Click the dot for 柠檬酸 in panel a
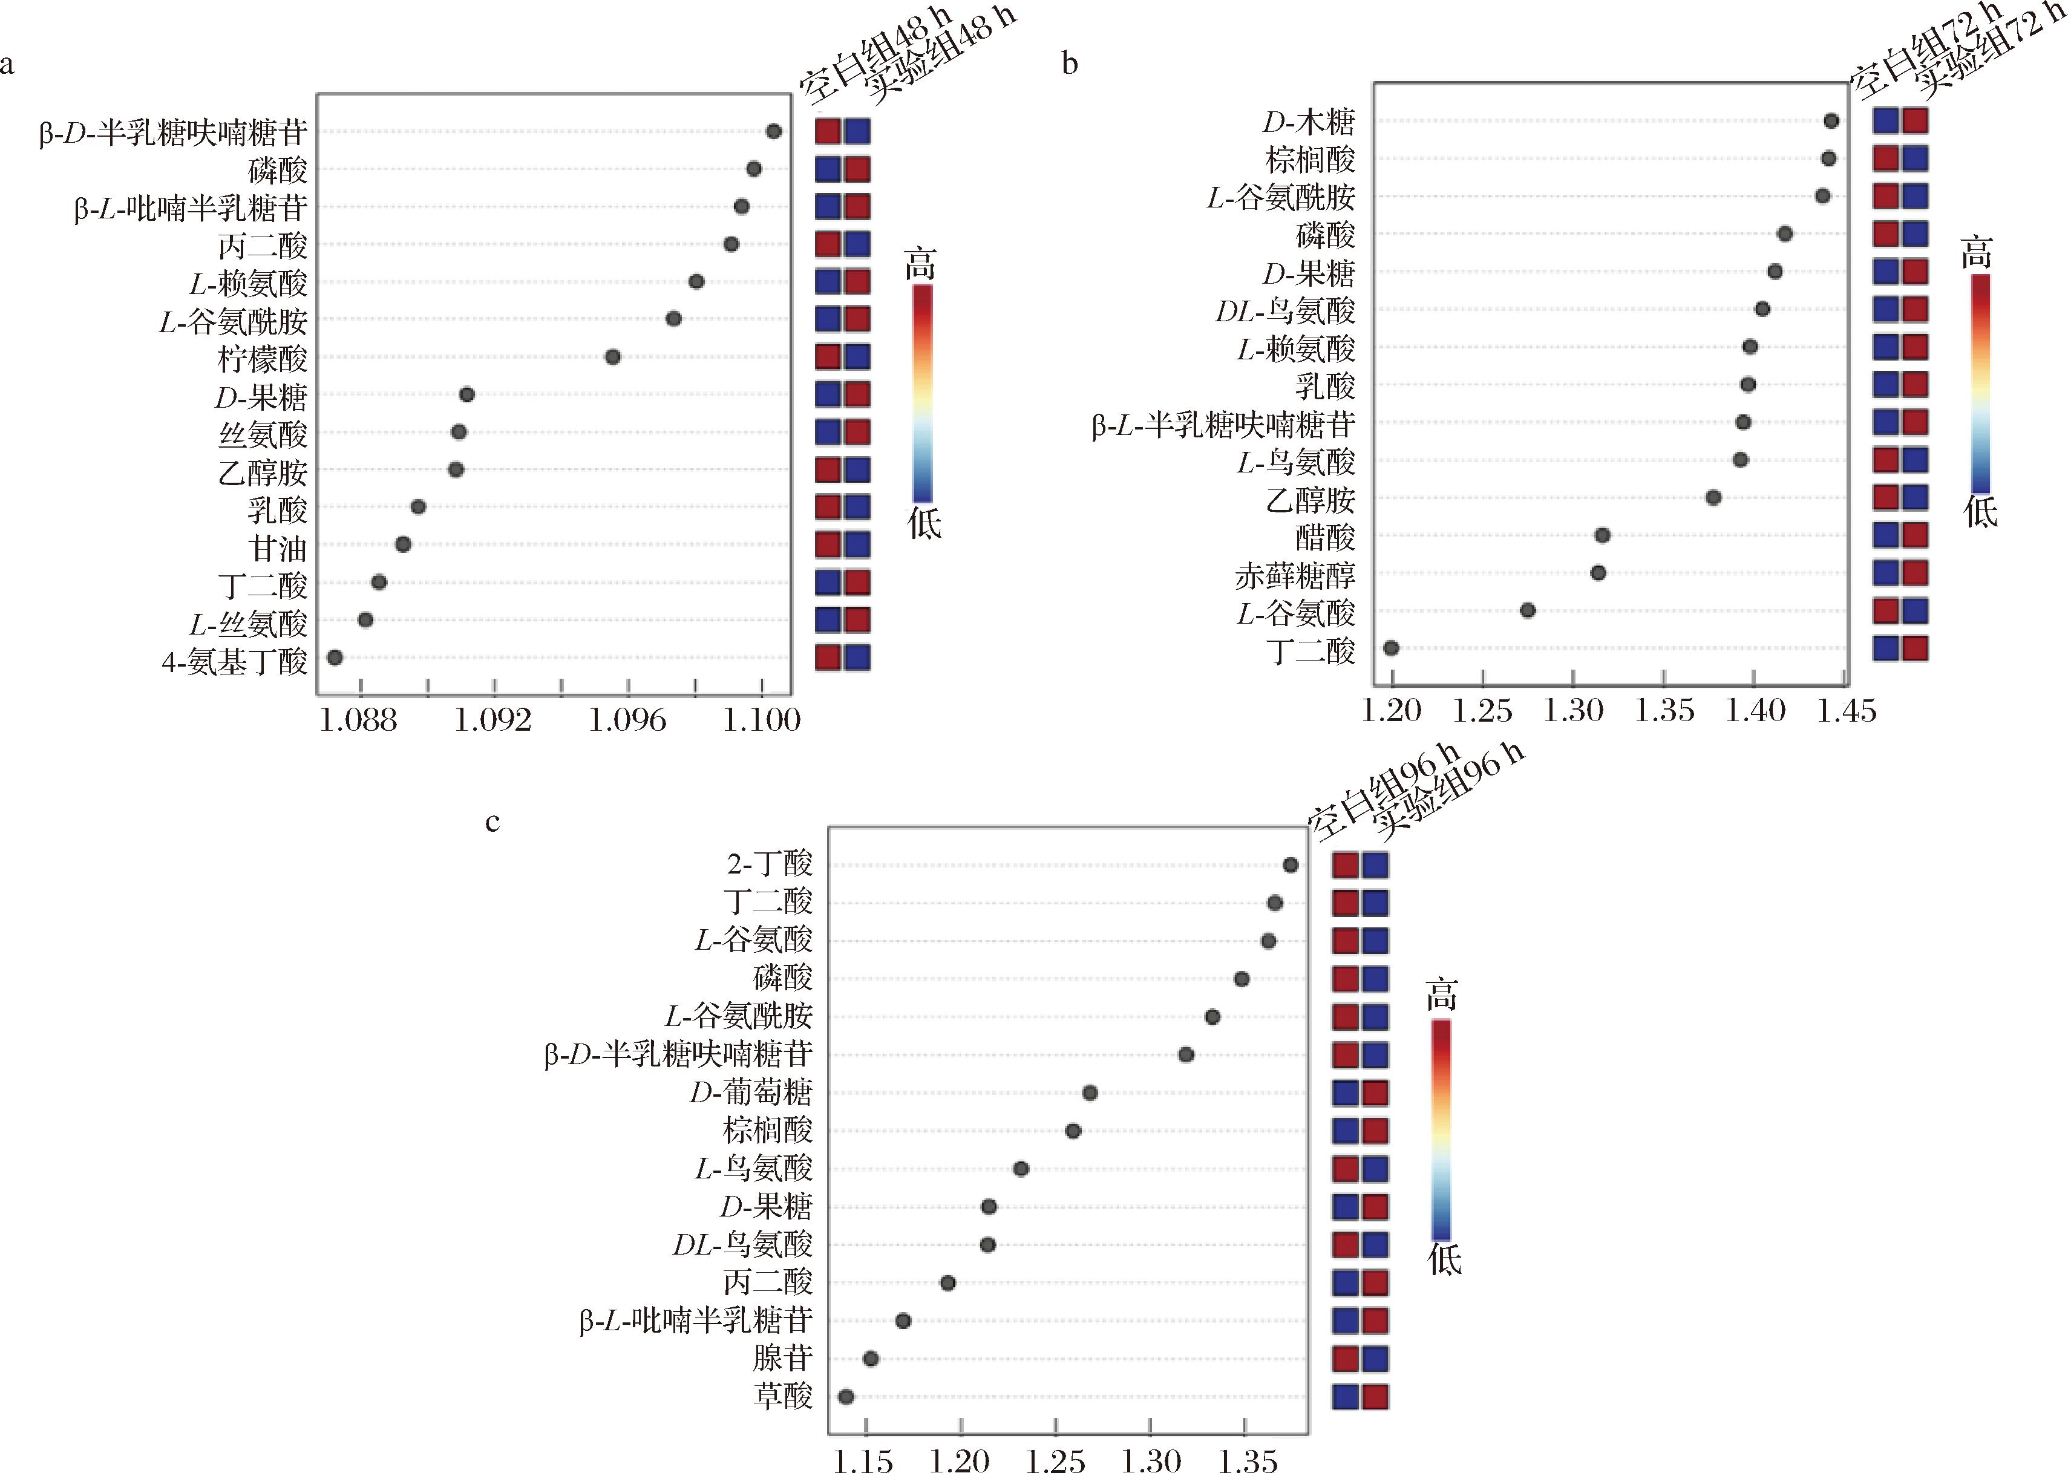pos(612,356)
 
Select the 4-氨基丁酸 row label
pos(235,661)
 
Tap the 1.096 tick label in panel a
pos(627,720)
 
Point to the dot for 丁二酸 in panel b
pos(1392,648)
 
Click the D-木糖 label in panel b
pos(1309,122)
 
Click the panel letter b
pos(1070,64)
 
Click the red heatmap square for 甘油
pos(827,544)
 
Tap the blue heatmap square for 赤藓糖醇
pos(1886,572)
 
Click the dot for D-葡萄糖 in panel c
pos(1090,1093)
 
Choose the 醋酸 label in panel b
pos(1325,538)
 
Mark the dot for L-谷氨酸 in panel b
pos(1528,610)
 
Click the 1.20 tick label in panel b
pos(1392,710)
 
